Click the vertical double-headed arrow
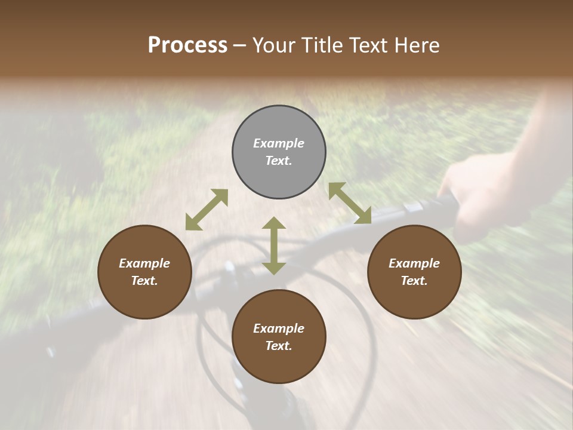[274, 245]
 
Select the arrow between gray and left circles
[207, 210]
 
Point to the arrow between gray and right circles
[350, 203]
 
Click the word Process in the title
[187, 45]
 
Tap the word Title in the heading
[320, 45]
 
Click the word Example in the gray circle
[279, 143]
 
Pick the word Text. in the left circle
[144, 281]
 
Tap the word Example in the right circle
[414, 263]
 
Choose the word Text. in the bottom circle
[279, 346]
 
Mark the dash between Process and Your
[240, 45]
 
